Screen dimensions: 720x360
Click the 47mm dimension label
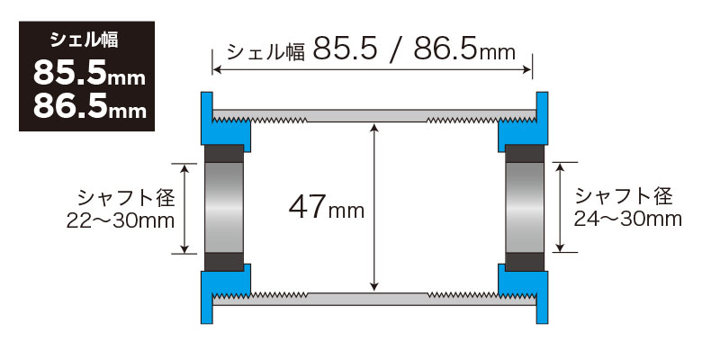click(x=327, y=209)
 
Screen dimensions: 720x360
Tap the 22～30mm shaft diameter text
click(x=121, y=221)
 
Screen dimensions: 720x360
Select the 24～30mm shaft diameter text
click(x=627, y=220)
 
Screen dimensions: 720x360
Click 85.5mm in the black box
click(x=89, y=73)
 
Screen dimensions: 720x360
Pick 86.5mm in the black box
click(x=89, y=107)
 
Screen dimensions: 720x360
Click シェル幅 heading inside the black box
click(x=85, y=40)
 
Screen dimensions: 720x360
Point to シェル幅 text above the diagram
click(x=266, y=52)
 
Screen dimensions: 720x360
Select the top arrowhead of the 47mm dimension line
click(x=374, y=128)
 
